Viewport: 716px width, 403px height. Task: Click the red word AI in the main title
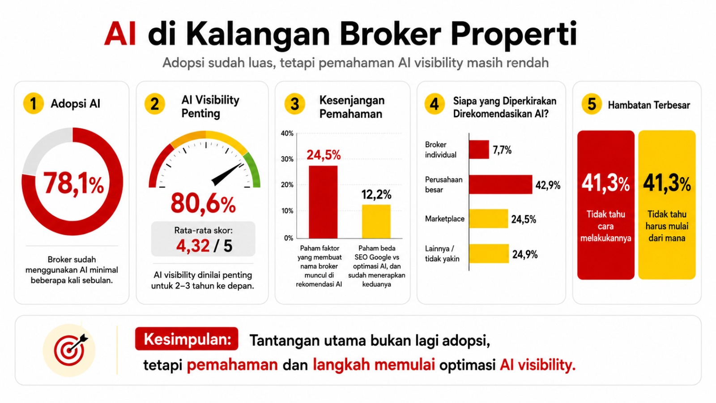(120, 34)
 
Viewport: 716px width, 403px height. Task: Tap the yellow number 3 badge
(294, 104)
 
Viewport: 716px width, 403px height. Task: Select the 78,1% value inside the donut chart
(73, 183)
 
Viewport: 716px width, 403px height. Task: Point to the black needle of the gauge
(227, 174)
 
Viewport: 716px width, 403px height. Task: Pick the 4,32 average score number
(193, 246)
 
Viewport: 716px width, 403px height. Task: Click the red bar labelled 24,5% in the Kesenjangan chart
(323, 202)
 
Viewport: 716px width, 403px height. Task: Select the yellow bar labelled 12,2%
(376, 221)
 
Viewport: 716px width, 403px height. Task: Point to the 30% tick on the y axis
(287, 159)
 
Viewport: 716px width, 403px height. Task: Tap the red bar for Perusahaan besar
(501, 184)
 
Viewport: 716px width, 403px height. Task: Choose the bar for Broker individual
(479, 150)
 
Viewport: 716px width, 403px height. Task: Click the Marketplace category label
(445, 219)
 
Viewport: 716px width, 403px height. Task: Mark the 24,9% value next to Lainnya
(525, 255)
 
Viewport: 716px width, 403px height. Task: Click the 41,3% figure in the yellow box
(667, 184)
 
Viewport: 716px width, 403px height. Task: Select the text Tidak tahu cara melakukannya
(606, 226)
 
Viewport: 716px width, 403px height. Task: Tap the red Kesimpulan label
(187, 339)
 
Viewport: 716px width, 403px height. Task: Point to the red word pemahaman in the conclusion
(232, 365)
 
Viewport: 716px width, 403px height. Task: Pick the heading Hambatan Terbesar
(649, 105)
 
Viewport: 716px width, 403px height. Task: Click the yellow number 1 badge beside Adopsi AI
(33, 103)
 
